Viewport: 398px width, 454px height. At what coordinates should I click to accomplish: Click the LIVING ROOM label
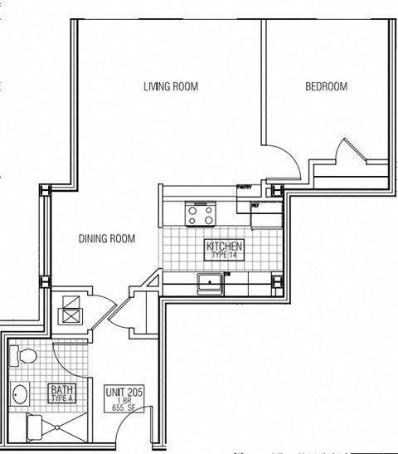171,86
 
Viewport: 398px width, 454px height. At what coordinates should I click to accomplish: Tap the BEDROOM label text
326,86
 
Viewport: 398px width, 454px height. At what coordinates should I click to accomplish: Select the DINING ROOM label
106,239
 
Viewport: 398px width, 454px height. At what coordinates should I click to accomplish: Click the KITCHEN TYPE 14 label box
224,250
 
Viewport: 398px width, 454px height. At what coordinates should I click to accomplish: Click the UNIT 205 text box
124,398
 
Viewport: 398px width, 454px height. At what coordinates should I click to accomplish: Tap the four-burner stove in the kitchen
200,215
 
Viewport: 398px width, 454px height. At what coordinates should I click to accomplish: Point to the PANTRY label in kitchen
244,188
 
